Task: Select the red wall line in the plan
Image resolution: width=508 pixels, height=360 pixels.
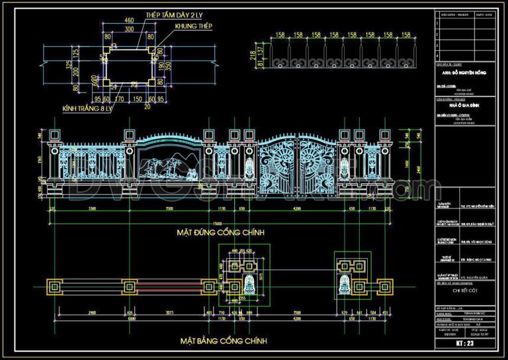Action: click(x=165, y=287)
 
